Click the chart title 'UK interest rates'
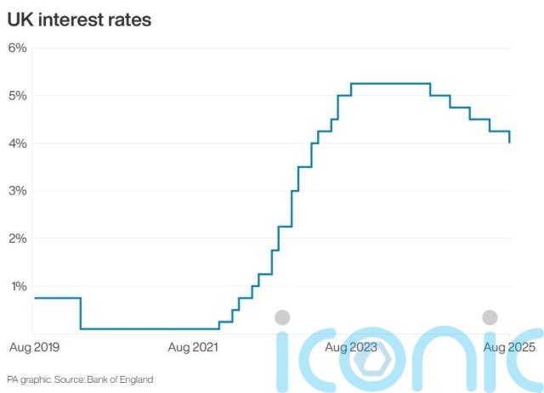pyautogui.click(x=79, y=20)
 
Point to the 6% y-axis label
pyautogui.click(x=18, y=48)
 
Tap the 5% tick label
pyautogui.click(x=18, y=95)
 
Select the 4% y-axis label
pyautogui.click(x=18, y=143)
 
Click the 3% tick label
pyautogui.click(x=18, y=191)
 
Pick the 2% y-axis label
pyautogui.click(x=18, y=239)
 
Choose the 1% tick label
pyautogui.click(x=18, y=286)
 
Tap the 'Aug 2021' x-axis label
pyautogui.click(x=192, y=347)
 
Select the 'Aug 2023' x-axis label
pyautogui.click(x=351, y=347)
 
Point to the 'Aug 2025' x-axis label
pyautogui.click(x=508, y=347)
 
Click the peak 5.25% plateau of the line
pyautogui.click(x=390, y=83)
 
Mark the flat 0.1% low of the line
pyautogui.click(x=149, y=328)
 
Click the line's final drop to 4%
pyautogui.click(x=510, y=138)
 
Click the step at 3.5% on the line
pyautogui.click(x=304, y=167)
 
